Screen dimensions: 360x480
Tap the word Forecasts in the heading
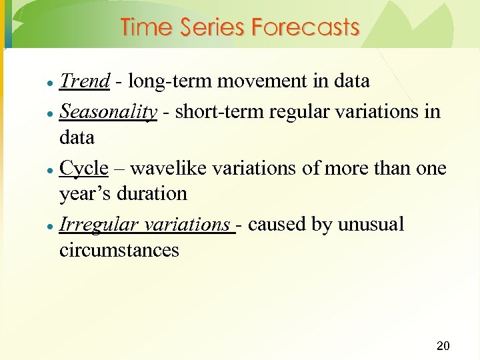pos(305,27)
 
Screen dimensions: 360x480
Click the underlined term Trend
pos(84,81)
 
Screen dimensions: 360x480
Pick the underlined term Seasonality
pos(108,111)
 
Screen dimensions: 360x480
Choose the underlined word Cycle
pos(83,168)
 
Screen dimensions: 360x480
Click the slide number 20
pos(443,345)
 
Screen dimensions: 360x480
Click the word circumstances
pos(119,251)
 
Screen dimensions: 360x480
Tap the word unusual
pos(371,225)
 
